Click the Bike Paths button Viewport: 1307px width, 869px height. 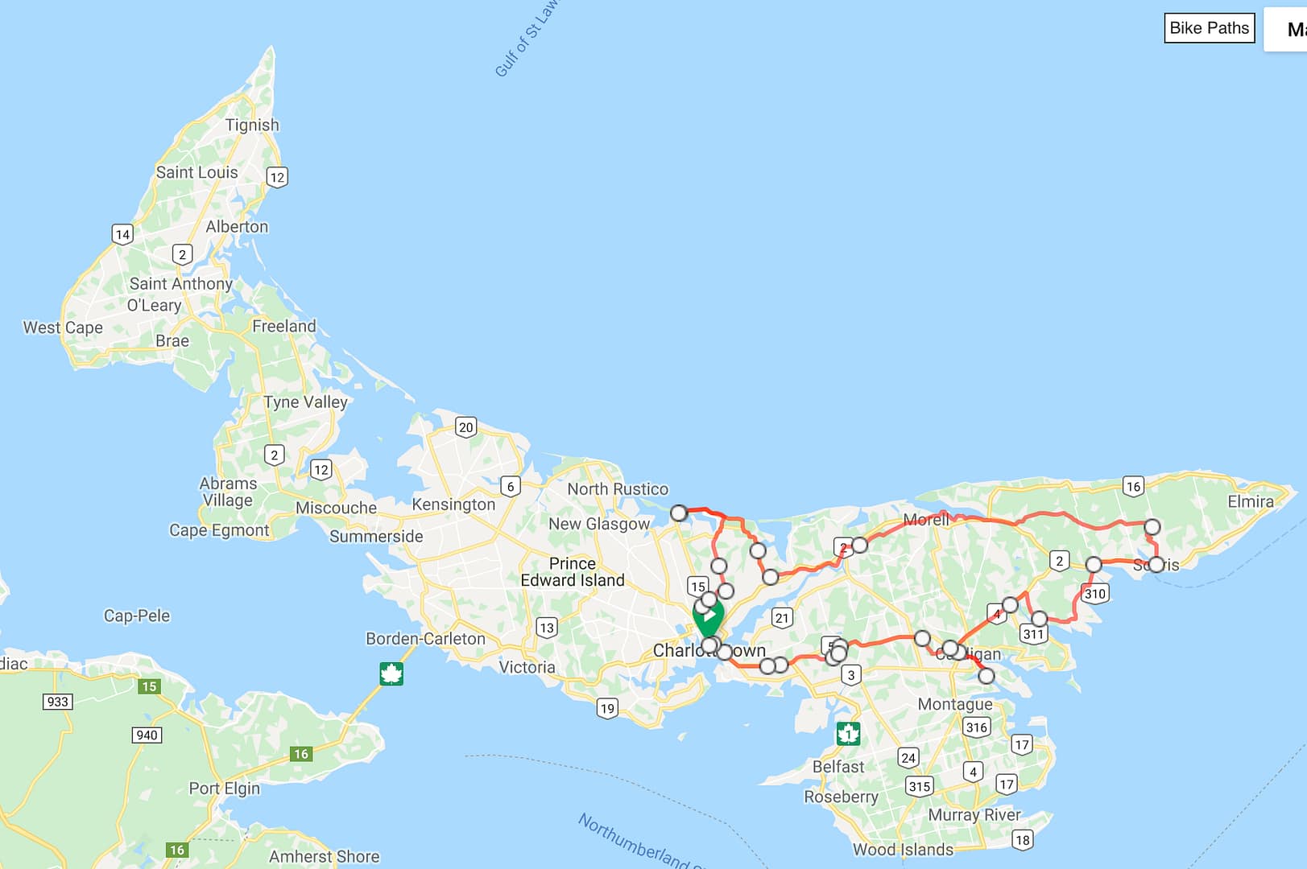[1209, 28]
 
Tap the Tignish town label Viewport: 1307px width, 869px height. [252, 125]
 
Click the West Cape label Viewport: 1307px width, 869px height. [63, 327]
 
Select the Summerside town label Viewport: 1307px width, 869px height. [376, 536]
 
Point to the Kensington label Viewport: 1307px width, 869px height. [453, 505]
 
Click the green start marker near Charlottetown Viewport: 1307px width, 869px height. [708, 616]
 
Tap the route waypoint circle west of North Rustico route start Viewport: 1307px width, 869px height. [679, 513]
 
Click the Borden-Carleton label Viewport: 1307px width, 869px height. [425, 639]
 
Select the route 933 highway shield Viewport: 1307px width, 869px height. [58, 702]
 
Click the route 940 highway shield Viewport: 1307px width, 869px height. [147, 735]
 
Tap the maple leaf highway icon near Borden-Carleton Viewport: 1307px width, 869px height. [391, 673]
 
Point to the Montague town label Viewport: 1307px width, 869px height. [955, 704]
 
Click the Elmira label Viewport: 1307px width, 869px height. [1250, 501]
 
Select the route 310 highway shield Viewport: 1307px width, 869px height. [1095, 594]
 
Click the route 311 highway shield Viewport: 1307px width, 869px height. [1033, 634]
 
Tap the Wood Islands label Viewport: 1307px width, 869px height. [903, 850]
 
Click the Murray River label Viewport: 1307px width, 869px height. [974, 815]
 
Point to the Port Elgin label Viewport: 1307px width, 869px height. [225, 789]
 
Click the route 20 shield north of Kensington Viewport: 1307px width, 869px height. [465, 427]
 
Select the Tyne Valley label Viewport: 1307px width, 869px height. [305, 402]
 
